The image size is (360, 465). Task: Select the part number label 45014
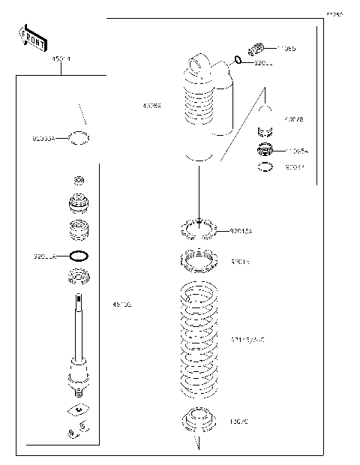point(60,58)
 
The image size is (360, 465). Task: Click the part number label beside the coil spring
point(247,340)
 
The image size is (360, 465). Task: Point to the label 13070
point(239,421)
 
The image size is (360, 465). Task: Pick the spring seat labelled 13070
point(198,421)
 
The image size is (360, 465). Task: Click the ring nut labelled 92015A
point(198,228)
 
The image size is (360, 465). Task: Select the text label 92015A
point(241,231)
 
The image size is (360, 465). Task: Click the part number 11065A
point(297,151)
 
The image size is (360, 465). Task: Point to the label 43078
point(294,119)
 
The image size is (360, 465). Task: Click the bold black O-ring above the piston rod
point(79,255)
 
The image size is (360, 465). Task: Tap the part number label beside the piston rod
point(121,304)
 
